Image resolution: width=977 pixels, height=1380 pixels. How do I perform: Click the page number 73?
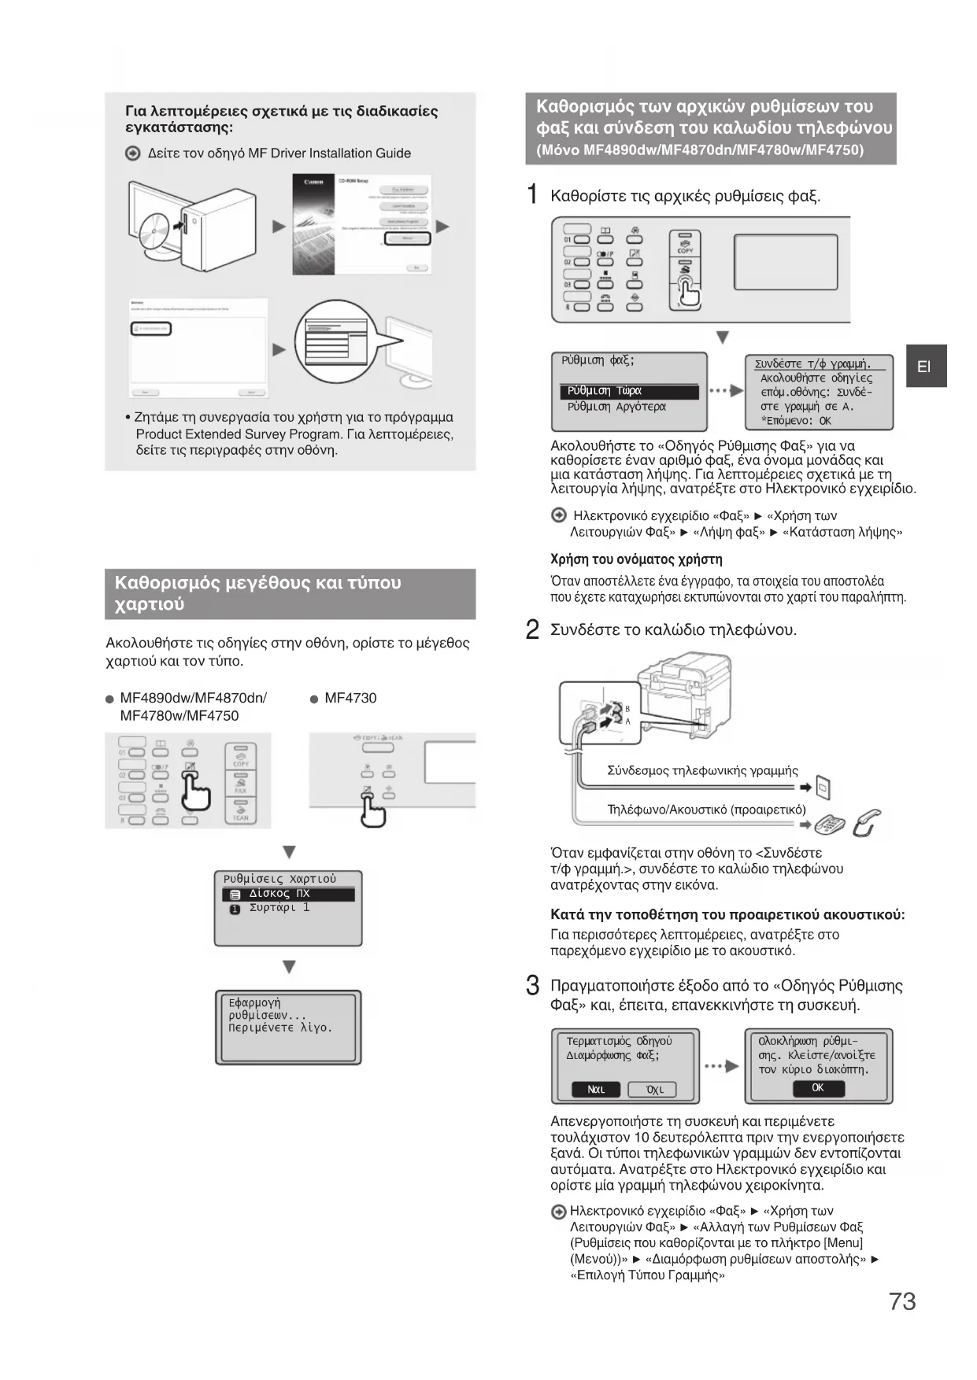click(902, 1301)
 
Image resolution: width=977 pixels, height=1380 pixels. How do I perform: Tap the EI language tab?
click(925, 367)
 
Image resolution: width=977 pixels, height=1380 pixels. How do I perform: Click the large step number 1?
click(533, 194)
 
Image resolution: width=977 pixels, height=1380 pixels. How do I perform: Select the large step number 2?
click(533, 629)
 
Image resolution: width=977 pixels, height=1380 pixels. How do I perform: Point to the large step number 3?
click(533, 986)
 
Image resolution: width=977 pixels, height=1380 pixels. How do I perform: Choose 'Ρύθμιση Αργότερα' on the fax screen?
click(616, 407)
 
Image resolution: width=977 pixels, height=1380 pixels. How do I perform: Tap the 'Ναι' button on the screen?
click(597, 1090)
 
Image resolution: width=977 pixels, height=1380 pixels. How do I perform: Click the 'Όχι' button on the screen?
click(653, 1090)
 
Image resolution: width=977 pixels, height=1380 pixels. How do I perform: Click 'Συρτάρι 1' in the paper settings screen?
click(279, 908)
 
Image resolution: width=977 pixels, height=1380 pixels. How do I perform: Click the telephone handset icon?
click(866, 823)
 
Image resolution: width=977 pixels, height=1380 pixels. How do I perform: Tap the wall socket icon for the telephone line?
click(823, 787)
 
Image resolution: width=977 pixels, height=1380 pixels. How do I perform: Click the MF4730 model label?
click(350, 698)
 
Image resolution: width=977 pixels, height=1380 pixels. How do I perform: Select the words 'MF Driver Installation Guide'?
click(329, 153)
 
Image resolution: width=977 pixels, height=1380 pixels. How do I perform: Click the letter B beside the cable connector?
click(627, 709)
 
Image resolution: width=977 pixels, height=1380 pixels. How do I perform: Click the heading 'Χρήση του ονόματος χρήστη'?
click(636, 559)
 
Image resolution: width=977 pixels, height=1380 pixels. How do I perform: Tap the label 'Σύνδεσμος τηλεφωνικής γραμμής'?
click(702, 771)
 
